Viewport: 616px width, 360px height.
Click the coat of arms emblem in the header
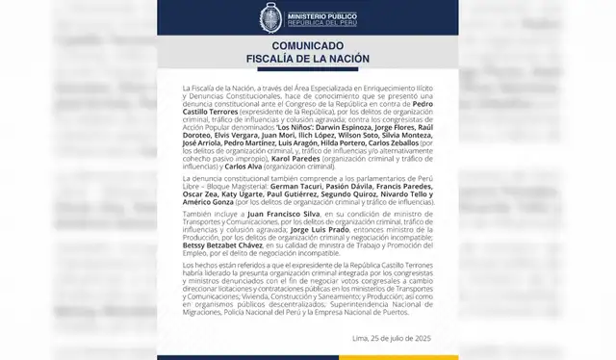[272, 18]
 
